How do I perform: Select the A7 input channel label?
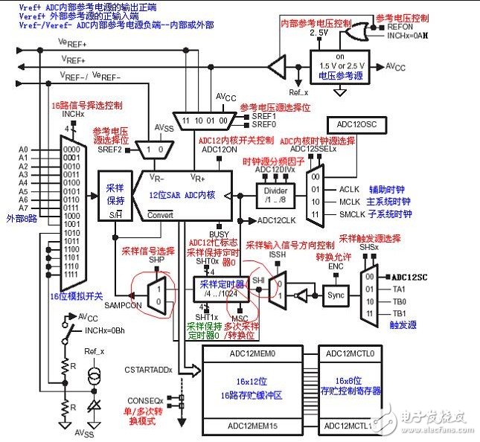pos(23,210)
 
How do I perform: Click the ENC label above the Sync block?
pos(336,266)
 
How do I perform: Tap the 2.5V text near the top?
pos(319,33)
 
